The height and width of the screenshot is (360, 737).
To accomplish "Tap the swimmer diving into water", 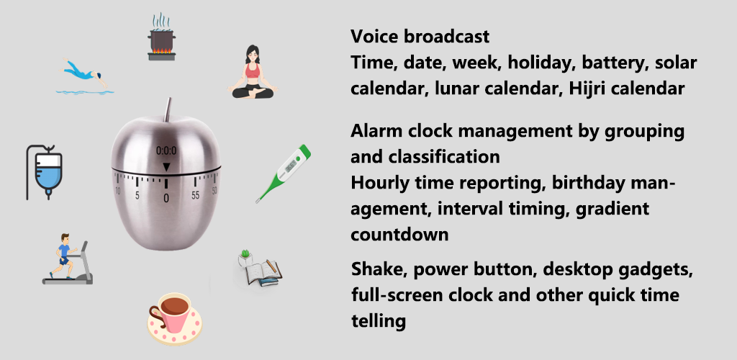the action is point(85,76).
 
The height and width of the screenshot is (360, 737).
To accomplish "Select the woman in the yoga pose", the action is point(253,72).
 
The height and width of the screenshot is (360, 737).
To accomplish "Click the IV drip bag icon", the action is point(44,172).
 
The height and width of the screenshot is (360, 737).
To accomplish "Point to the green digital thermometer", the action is point(284,174).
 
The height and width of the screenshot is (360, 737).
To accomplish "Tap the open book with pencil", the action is point(258,269).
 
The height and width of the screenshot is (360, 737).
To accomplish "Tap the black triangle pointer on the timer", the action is point(166,167).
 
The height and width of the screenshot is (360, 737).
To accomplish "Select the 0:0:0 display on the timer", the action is point(166,151).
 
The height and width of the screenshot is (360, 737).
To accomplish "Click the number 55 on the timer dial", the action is point(195,195).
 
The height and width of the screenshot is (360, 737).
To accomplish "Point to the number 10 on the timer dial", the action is point(117,191).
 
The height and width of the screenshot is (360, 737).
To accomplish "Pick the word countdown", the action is point(399,234).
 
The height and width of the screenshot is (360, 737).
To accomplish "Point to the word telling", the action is point(379,321).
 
